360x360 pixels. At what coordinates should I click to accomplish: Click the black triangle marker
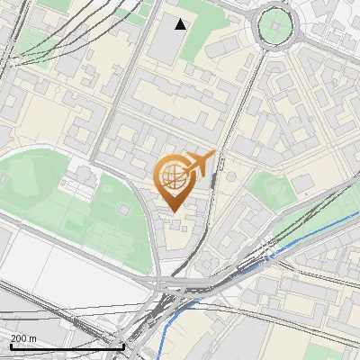tap(181, 24)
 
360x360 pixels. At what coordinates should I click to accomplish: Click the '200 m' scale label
tap(24, 337)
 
